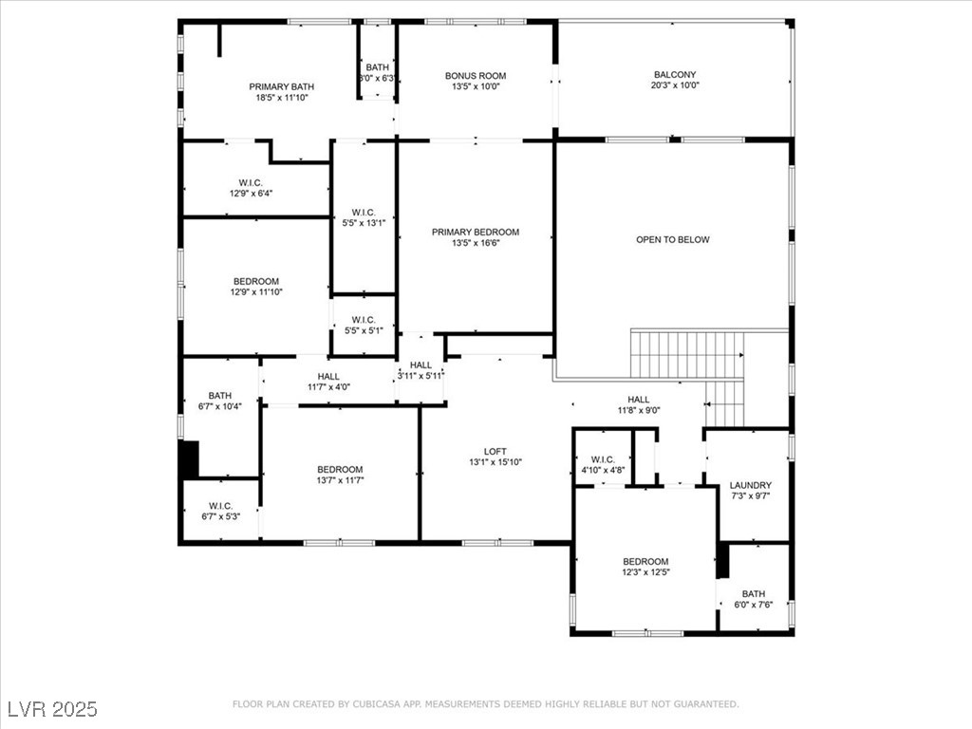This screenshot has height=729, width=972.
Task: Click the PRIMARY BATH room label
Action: pyautogui.click(x=282, y=86)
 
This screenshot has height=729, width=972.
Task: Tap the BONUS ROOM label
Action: pyautogui.click(x=476, y=76)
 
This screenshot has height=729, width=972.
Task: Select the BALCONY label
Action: pyautogui.click(x=674, y=75)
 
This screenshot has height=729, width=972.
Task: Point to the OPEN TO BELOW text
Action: pyautogui.click(x=672, y=240)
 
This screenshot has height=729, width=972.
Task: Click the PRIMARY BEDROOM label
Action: pyautogui.click(x=476, y=233)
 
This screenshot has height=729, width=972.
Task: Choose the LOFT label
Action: pyautogui.click(x=495, y=452)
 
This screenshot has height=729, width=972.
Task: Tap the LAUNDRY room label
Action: pyautogui.click(x=751, y=485)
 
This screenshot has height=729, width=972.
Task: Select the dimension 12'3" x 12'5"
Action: pyautogui.click(x=645, y=572)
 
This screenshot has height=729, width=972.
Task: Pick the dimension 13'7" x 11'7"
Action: pyautogui.click(x=340, y=480)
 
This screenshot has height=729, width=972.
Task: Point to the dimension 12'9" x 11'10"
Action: pyautogui.click(x=256, y=292)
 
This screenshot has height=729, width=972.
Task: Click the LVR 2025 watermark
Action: pyautogui.click(x=52, y=709)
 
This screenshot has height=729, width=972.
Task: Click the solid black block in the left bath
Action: pyautogui.click(x=190, y=459)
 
